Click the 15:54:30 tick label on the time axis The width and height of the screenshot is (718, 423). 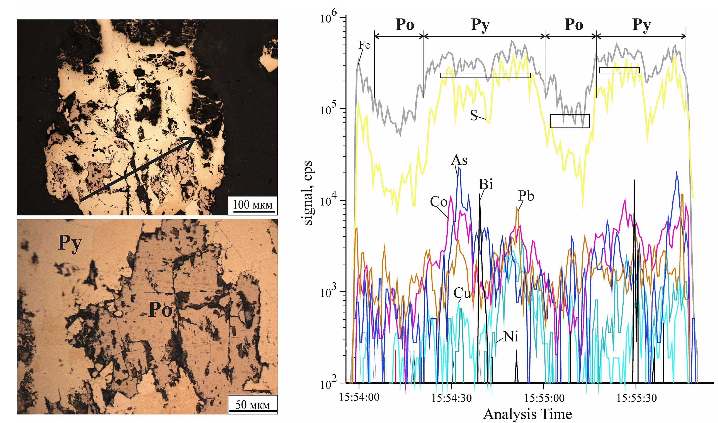(452, 398)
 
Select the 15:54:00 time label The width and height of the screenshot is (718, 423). (359, 398)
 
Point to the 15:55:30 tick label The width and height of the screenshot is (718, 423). (637, 398)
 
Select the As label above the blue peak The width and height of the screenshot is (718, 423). (459, 161)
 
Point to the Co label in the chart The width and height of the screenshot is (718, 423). (438, 202)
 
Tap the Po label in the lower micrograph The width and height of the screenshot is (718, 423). (160, 310)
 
